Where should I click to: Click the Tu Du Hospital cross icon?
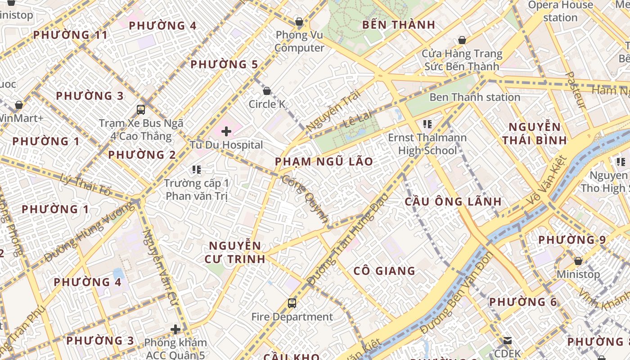point(226,131)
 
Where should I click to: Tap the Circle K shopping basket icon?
point(267,91)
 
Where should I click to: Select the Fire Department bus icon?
point(292,303)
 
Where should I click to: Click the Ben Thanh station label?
point(475,97)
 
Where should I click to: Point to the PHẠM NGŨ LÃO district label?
point(324,162)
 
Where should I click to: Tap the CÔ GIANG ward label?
point(384,271)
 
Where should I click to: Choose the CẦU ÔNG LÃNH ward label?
point(453,201)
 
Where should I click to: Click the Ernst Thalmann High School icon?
point(427,124)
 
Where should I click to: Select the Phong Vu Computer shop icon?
point(299,22)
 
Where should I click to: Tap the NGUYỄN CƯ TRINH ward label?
point(234,252)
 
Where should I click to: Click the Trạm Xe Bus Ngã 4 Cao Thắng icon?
point(141,109)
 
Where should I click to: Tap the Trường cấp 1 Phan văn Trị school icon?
point(196,170)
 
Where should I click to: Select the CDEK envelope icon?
point(508,341)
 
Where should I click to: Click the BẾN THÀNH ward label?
point(398,25)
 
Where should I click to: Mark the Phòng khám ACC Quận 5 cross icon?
point(175,329)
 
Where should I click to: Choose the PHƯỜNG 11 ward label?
point(71,35)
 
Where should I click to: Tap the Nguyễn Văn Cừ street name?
point(160,267)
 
